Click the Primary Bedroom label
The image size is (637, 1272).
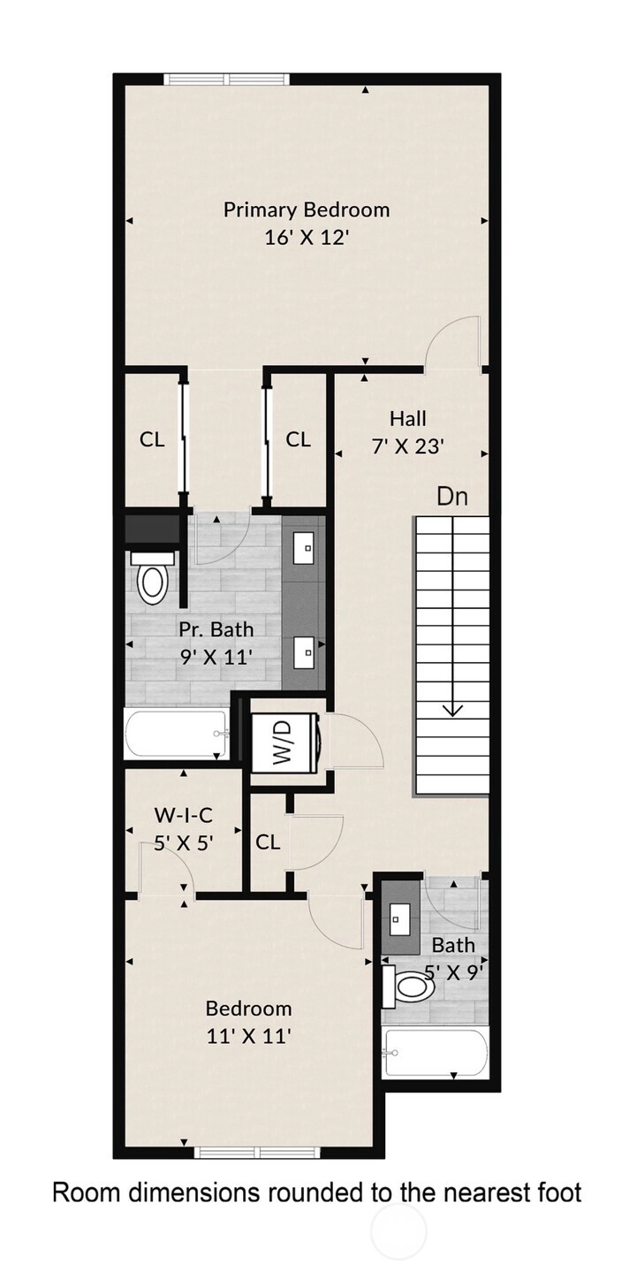[x=307, y=209]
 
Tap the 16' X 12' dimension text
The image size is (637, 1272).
[x=306, y=237]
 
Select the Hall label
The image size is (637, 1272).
[x=407, y=419]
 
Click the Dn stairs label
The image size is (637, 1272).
[x=452, y=496]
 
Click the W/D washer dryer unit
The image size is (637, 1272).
[x=285, y=742]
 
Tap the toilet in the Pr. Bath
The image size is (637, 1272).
[x=151, y=579]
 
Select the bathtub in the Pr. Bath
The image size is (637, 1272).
[x=177, y=734]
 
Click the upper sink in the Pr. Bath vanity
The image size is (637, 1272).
[x=306, y=548]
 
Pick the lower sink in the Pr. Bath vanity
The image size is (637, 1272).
[x=306, y=651]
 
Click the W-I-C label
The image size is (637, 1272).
[x=184, y=816]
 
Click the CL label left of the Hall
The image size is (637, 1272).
[x=298, y=439]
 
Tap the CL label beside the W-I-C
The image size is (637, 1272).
[x=268, y=842]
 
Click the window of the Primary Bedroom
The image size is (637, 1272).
[x=226, y=79]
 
